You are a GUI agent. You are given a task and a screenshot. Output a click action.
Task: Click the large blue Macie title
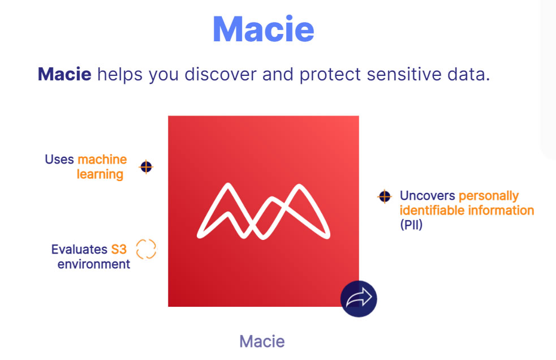pyautogui.click(x=264, y=29)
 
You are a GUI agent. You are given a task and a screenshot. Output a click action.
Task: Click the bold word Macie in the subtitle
pyautogui.click(x=64, y=74)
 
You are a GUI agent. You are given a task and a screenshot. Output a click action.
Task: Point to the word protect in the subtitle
pyautogui.click(x=330, y=75)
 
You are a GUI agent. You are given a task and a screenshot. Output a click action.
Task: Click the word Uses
pyautogui.click(x=59, y=160)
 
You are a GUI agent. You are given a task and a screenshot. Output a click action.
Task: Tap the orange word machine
pyautogui.click(x=102, y=160)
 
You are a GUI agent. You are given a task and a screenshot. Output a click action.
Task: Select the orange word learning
pyautogui.click(x=100, y=175)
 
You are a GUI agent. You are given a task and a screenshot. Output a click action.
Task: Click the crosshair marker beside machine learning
pyautogui.click(x=146, y=167)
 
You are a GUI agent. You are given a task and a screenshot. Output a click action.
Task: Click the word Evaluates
pyautogui.click(x=79, y=249)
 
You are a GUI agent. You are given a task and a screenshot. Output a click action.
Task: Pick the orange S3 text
pyautogui.click(x=119, y=249)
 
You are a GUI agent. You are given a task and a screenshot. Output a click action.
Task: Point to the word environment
pyautogui.click(x=94, y=264)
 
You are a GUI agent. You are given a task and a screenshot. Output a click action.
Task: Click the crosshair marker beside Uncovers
pyautogui.click(x=385, y=196)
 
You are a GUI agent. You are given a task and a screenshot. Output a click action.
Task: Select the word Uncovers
pyautogui.click(x=427, y=196)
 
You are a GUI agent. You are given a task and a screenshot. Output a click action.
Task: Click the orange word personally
pyautogui.click(x=489, y=196)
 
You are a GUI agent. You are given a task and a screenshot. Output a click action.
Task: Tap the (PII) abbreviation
pyautogui.click(x=411, y=225)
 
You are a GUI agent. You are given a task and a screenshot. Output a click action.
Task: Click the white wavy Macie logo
pyautogui.click(x=264, y=211)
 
